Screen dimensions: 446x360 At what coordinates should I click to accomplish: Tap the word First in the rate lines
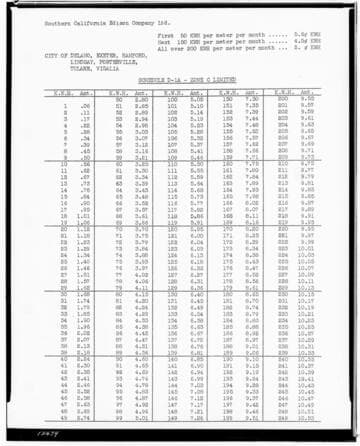pyautogui.click(x=165, y=35)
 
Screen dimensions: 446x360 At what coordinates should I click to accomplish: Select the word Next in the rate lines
pyautogui.click(x=165, y=41)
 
